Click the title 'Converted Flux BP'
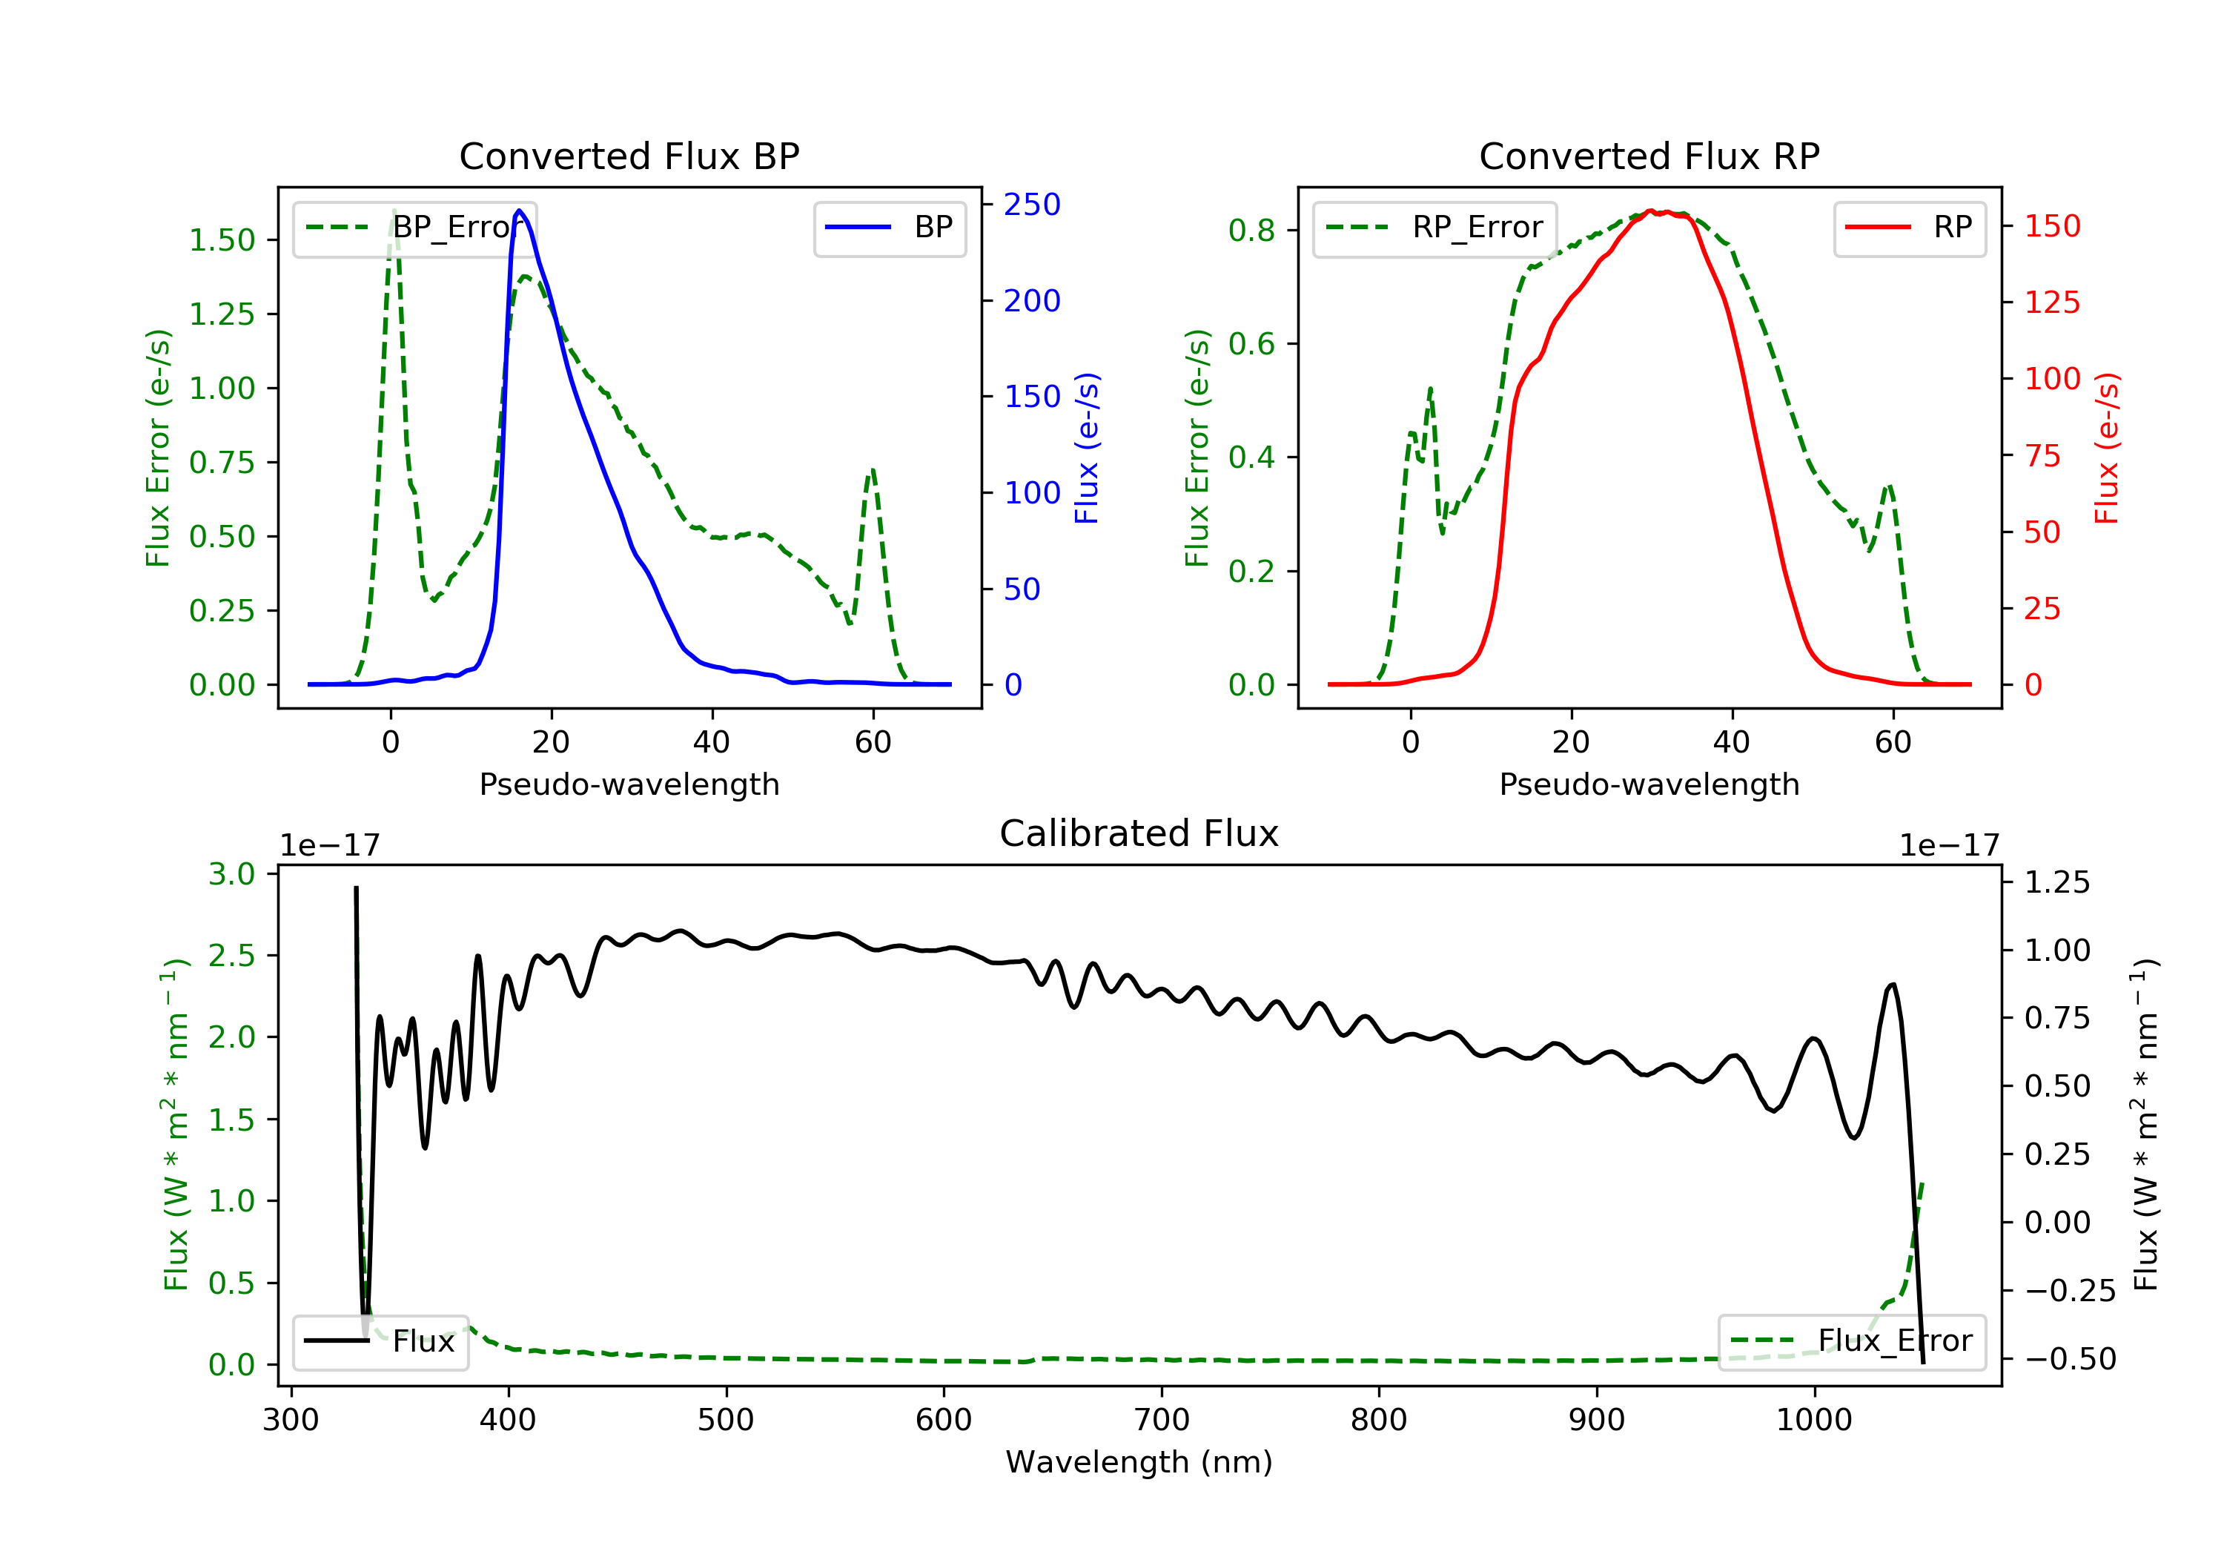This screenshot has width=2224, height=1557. [629, 156]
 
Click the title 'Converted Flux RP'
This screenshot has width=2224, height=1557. [1649, 156]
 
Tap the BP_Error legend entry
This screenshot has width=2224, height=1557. [414, 228]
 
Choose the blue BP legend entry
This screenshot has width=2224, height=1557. [889, 228]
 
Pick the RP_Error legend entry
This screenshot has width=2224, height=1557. [1434, 228]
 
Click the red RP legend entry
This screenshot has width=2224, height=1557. [1908, 228]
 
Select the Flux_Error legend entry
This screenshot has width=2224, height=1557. [1851, 1341]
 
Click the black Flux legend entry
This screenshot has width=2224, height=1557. [380, 1341]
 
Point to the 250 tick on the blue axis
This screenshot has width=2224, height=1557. [1032, 205]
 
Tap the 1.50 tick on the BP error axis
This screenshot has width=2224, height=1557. [222, 240]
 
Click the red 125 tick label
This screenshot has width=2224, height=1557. [2051, 303]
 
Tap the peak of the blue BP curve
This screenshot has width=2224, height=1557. [519, 211]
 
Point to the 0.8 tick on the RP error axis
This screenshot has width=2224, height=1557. [1251, 231]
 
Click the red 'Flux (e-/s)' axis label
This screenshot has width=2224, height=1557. [2106, 448]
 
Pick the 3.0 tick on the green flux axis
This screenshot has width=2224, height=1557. [231, 874]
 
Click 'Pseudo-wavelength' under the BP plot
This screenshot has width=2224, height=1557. [629, 784]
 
